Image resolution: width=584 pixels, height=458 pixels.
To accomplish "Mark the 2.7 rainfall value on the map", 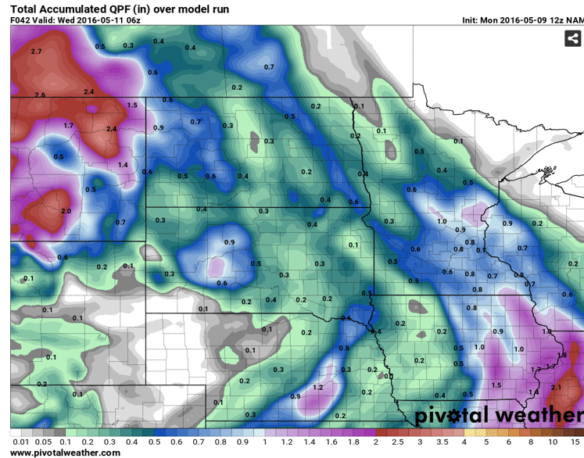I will click(36, 52).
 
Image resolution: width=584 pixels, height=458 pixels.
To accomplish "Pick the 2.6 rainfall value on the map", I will click(40, 95).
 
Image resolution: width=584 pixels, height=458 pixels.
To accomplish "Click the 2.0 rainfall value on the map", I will click(66, 211).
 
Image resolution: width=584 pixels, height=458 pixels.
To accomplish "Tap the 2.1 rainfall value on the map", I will click(556, 387).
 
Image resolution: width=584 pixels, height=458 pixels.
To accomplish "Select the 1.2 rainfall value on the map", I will click(318, 388).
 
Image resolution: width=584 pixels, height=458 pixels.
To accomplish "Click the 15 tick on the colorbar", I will click(576, 442).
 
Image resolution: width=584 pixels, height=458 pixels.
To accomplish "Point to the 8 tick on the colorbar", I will click(532, 442).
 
